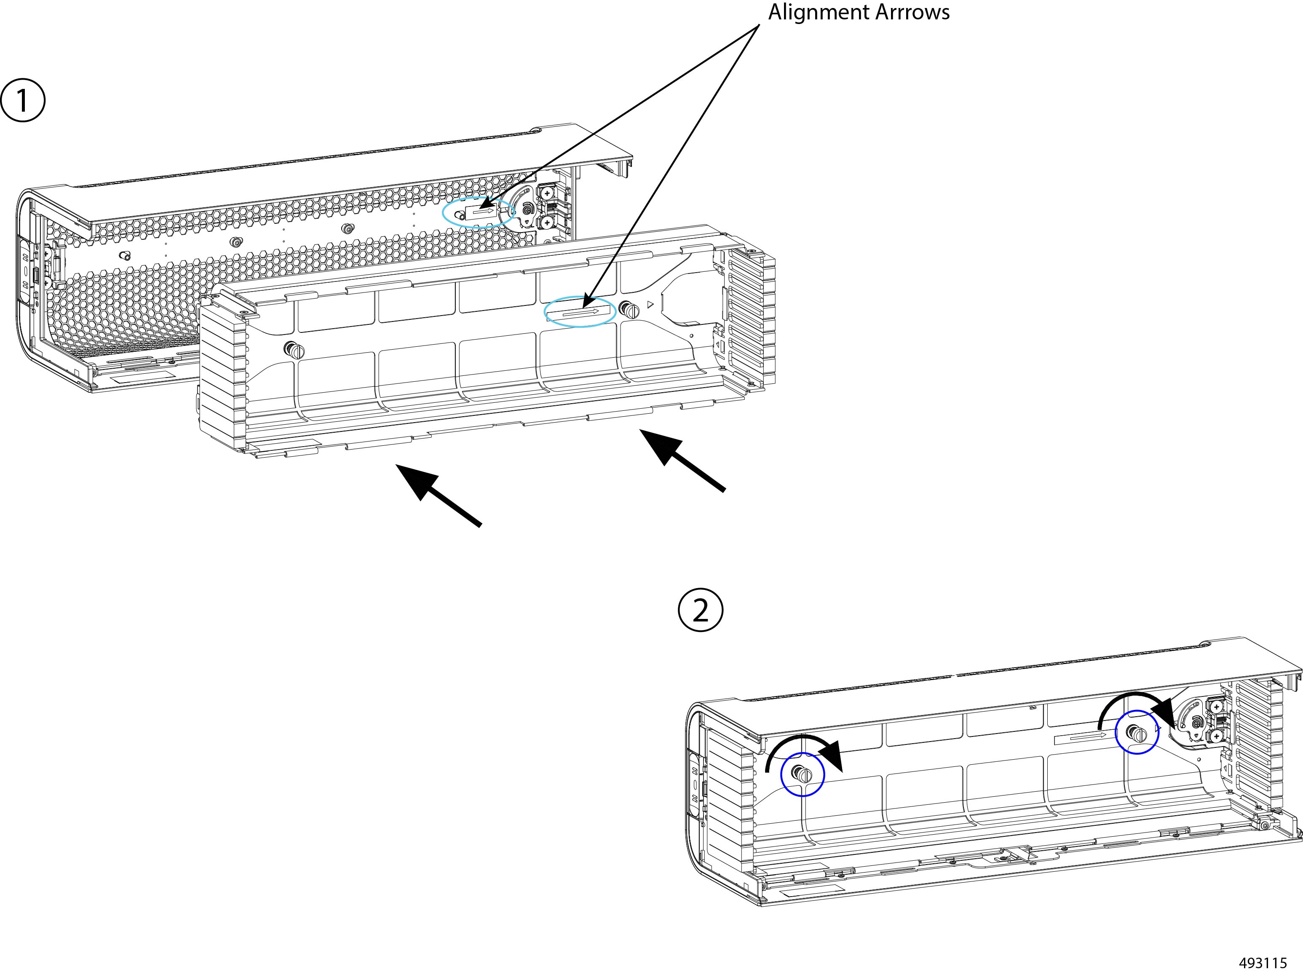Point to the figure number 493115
1263,963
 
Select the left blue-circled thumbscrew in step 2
803,774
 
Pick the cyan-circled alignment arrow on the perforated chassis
483,210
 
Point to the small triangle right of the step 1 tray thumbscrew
650,305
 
